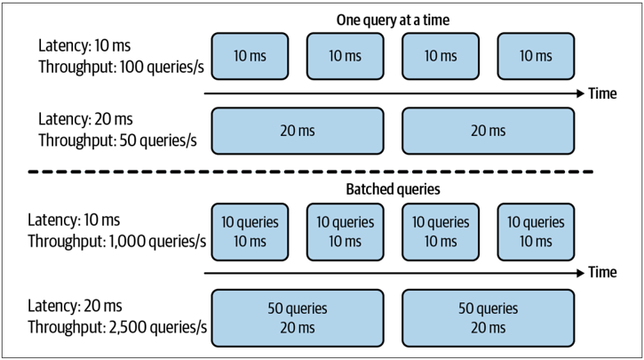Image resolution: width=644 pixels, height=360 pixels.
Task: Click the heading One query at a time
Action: click(393, 20)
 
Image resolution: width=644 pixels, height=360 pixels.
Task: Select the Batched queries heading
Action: click(393, 189)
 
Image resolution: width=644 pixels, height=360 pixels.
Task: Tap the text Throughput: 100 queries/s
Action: click(121, 67)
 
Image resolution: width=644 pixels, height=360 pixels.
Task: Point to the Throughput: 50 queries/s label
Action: click(117, 140)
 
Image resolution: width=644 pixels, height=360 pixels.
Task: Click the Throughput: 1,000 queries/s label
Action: click(116, 242)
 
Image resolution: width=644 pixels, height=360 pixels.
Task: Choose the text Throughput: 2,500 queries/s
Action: click(117, 327)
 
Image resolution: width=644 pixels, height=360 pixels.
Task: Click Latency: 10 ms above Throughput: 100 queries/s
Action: click(84, 45)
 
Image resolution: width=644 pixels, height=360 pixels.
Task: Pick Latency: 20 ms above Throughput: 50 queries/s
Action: click(85, 119)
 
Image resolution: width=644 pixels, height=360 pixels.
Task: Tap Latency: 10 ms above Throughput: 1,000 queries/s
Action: click(74, 220)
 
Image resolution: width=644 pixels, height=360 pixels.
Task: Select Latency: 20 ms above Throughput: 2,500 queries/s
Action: click(75, 306)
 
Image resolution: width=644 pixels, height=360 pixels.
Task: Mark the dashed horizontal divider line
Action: click(311, 172)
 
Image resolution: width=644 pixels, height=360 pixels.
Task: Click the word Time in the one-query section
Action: click(602, 93)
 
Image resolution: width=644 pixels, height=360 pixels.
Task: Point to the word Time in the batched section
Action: click(602, 273)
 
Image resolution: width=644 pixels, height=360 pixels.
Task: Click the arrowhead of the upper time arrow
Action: click(581, 93)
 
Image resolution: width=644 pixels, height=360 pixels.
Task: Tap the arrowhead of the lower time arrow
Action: click(581, 273)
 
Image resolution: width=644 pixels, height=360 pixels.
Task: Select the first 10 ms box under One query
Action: click(250, 56)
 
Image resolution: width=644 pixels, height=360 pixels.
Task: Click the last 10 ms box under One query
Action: click(536, 56)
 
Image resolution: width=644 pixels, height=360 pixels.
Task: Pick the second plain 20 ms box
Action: click(488, 131)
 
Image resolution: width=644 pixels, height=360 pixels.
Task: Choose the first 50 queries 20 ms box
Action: click(298, 318)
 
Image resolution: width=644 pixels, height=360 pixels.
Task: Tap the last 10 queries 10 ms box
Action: click(536, 232)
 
